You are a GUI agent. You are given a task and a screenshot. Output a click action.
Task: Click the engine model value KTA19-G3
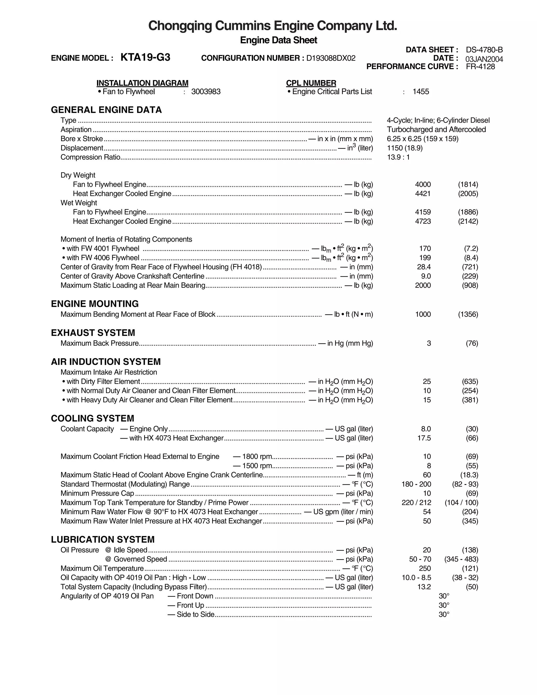pyautogui.click(x=145, y=57)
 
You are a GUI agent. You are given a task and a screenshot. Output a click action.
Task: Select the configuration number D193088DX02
pyautogui.click(x=331, y=58)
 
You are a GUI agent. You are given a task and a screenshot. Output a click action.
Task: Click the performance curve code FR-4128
pyautogui.click(x=480, y=67)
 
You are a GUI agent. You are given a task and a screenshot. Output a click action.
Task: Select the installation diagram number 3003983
pyautogui.click(x=206, y=92)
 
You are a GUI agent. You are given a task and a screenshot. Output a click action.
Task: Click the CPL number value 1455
pyautogui.click(x=421, y=92)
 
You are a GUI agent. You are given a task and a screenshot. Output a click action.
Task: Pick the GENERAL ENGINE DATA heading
pyautogui.click(x=106, y=110)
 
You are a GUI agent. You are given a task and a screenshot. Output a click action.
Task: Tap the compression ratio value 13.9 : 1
pyautogui.click(x=398, y=157)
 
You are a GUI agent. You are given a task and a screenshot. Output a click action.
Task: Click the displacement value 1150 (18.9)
pyautogui.click(x=405, y=148)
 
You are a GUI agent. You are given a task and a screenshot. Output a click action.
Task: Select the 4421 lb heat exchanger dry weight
pyautogui.click(x=423, y=194)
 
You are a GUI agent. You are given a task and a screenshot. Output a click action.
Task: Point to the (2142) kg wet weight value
pyautogui.click(x=468, y=221)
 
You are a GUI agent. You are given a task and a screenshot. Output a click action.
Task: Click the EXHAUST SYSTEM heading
pyautogui.click(x=93, y=333)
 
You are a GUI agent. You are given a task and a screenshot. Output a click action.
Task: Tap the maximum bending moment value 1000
pyautogui.click(x=423, y=314)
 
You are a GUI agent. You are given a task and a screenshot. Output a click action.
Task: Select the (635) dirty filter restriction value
pyautogui.click(x=470, y=382)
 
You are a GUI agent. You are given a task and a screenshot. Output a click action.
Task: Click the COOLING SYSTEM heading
pyautogui.click(x=93, y=419)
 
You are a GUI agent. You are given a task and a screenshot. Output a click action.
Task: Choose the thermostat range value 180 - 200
pyautogui.click(x=416, y=484)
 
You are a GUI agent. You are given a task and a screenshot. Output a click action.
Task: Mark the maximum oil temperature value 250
pyautogui.click(x=425, y=568)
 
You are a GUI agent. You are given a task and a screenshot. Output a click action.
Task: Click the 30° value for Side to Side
pyautogui.click(x=444, y=614)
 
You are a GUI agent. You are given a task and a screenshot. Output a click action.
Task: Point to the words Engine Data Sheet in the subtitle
pyautogui.click(x=278, y=40)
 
